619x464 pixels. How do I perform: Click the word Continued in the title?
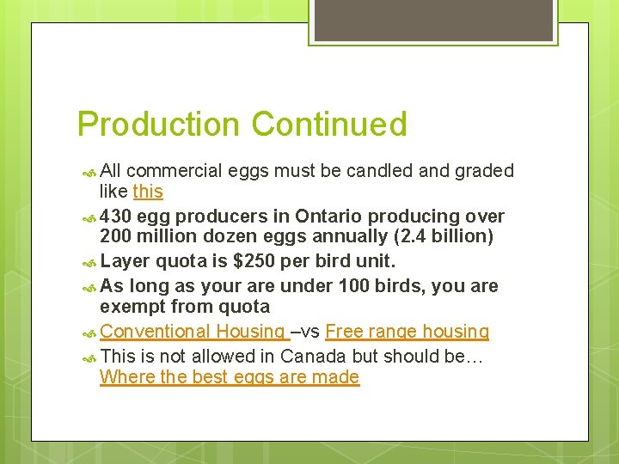click(x=329, y=125)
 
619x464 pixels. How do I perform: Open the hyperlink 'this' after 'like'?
click(x=148, y=192)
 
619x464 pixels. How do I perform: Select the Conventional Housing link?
click(x=193, y=332)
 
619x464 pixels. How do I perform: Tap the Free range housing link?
click(x=408, y=332)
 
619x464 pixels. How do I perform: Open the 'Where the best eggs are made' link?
click(x=230, y=377)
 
